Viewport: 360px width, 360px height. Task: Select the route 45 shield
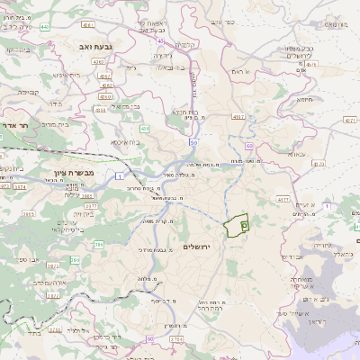point(161,40)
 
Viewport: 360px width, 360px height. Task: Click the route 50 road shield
point(193,142)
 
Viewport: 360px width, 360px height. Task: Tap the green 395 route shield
point(76,259)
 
